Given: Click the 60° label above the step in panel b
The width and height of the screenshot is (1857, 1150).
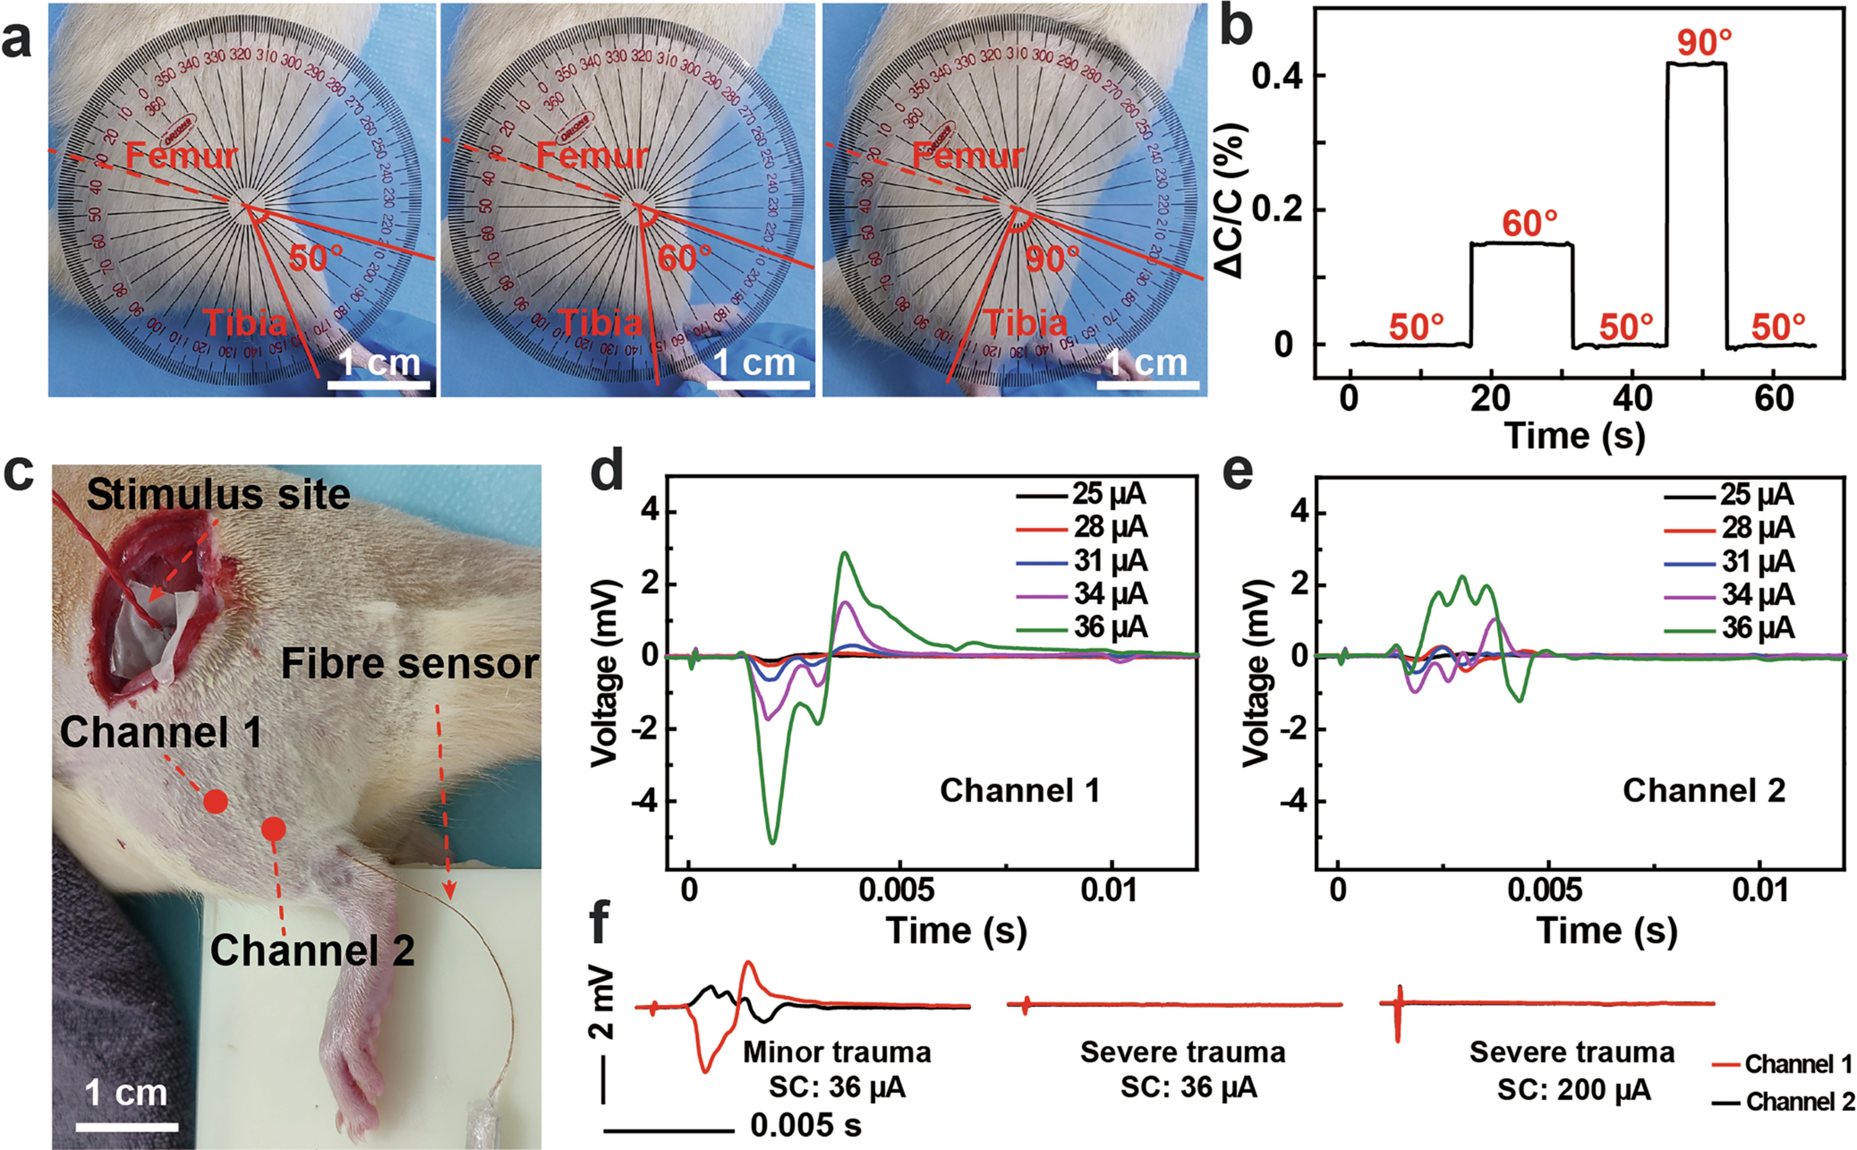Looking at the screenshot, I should click(1529, 224).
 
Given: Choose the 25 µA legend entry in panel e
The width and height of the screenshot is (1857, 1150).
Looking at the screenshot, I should click(1757, 495).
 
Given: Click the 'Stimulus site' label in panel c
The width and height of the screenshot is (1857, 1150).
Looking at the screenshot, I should click(218, 495).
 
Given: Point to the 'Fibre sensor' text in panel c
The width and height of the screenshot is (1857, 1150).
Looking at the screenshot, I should click(410, 664).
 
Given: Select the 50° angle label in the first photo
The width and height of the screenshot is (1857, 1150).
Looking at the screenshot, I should click(315, 259).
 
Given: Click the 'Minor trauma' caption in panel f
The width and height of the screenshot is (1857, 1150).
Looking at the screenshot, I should click(836, 1053).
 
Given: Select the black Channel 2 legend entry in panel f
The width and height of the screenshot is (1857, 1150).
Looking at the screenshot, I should click(1799, 1101).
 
